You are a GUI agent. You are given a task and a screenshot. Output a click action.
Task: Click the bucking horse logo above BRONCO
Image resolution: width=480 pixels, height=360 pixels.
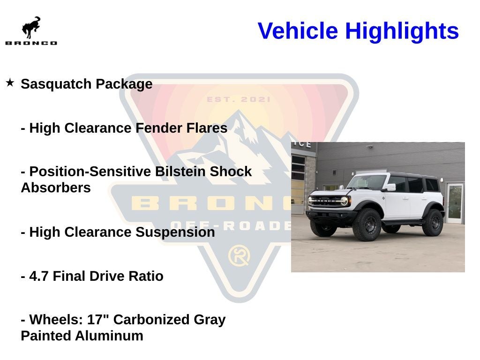(x=31, y=28)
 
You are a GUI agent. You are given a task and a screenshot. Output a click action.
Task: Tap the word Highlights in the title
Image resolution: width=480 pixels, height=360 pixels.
(x=402, y=31)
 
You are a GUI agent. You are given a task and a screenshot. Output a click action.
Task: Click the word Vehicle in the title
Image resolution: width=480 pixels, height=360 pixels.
(x=298, y=31)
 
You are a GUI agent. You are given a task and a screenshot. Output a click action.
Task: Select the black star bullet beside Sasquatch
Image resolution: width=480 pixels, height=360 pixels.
(x=10, y=82)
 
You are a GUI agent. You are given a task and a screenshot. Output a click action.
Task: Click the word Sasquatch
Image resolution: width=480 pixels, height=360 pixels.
(x=56, y=84)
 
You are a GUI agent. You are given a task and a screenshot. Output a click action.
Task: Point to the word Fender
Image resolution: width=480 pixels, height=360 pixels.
(x=158, y=128)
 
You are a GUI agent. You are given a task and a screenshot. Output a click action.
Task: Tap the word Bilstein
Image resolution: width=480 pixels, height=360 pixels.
(x=180, y=172)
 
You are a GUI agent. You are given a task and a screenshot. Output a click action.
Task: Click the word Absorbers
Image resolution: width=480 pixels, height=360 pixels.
(x=56, y=187)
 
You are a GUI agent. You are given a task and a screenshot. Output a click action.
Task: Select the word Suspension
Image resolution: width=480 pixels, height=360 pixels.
(x=175, y=232)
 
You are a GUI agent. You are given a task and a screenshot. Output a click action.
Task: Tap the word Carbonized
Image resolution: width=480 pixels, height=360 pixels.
(x=151, y=320)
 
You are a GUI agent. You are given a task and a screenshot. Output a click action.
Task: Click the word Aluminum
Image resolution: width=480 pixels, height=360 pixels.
(x=109, y=336)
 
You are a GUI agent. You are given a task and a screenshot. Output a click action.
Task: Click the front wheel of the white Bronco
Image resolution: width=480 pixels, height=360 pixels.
(x=367, y=225)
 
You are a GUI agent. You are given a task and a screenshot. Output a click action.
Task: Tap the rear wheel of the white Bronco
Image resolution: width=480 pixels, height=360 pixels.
(x=433, y=223)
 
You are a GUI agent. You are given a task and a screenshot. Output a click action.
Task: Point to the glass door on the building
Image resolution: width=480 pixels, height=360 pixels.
(x=455, y=203)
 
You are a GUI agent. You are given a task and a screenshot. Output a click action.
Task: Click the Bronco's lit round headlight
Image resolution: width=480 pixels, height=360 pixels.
(x=344, y=201)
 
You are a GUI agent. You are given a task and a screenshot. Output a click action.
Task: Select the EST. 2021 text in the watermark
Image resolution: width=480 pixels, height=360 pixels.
(x=239, y=99)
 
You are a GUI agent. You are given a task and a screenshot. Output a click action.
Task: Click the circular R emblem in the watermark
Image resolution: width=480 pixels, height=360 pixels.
(x=239, y=255)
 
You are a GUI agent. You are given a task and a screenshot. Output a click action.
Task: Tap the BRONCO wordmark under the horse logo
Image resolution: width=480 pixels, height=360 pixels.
(x=31, y=43)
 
